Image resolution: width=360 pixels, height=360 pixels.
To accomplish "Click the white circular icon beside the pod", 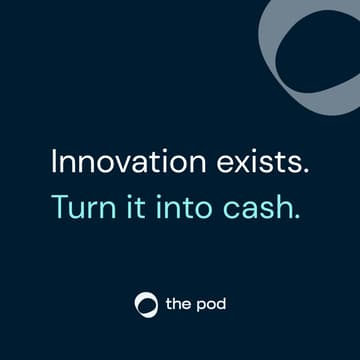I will click(146, 303).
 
